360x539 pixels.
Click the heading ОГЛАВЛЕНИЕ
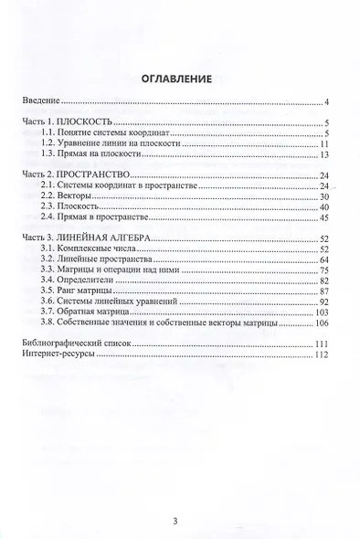coord(180,79)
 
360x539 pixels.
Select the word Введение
coord(42,100)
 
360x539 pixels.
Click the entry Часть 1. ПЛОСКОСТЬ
coord(66,122)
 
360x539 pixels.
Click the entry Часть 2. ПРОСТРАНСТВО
coord(75,174)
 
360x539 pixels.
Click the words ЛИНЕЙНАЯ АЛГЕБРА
coord(103,238)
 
